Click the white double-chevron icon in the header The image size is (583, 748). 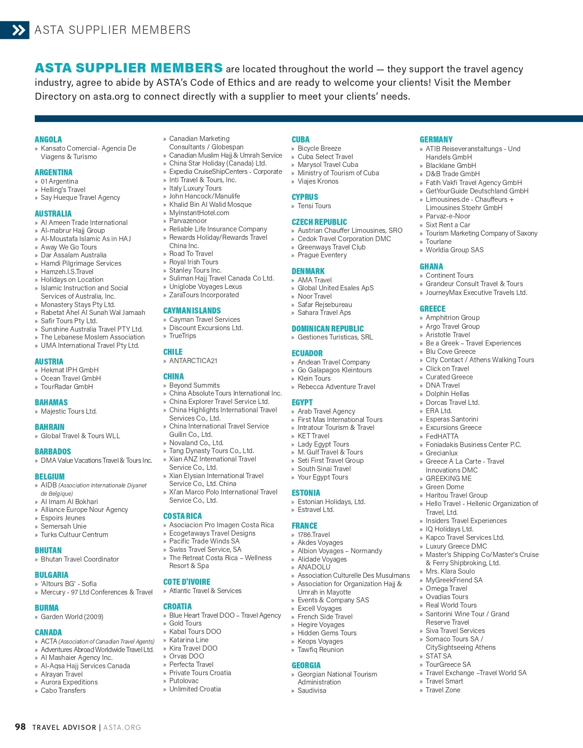click(19, 31)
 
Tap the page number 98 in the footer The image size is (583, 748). click(20, 727)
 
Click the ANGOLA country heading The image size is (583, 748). click(48, 140)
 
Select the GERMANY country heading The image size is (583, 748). click(436, 140)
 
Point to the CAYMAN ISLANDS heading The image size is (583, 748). click(192, 311)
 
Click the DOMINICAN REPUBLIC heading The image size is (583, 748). click(327, 329)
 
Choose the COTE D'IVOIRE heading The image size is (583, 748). click(186, 582)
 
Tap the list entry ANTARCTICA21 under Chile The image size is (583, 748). click(193, 361)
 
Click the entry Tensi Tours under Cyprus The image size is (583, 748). click(314, 206)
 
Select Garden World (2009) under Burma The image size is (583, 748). click(72, 617)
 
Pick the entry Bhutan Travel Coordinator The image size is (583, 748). click(79, 559)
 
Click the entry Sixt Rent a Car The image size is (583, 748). click(448, 225)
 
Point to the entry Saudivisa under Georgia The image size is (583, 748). click(312, 690)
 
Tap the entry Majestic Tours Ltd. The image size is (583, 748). click(69, 411)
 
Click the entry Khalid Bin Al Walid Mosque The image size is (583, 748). click(210, 205)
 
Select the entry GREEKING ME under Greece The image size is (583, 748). click(448, 479)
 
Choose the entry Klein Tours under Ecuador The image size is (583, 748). click(314, 378)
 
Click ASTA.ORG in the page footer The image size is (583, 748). click(122, 727)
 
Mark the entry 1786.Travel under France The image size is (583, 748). click(314, 535)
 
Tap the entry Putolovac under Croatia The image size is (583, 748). click(184, 681)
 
